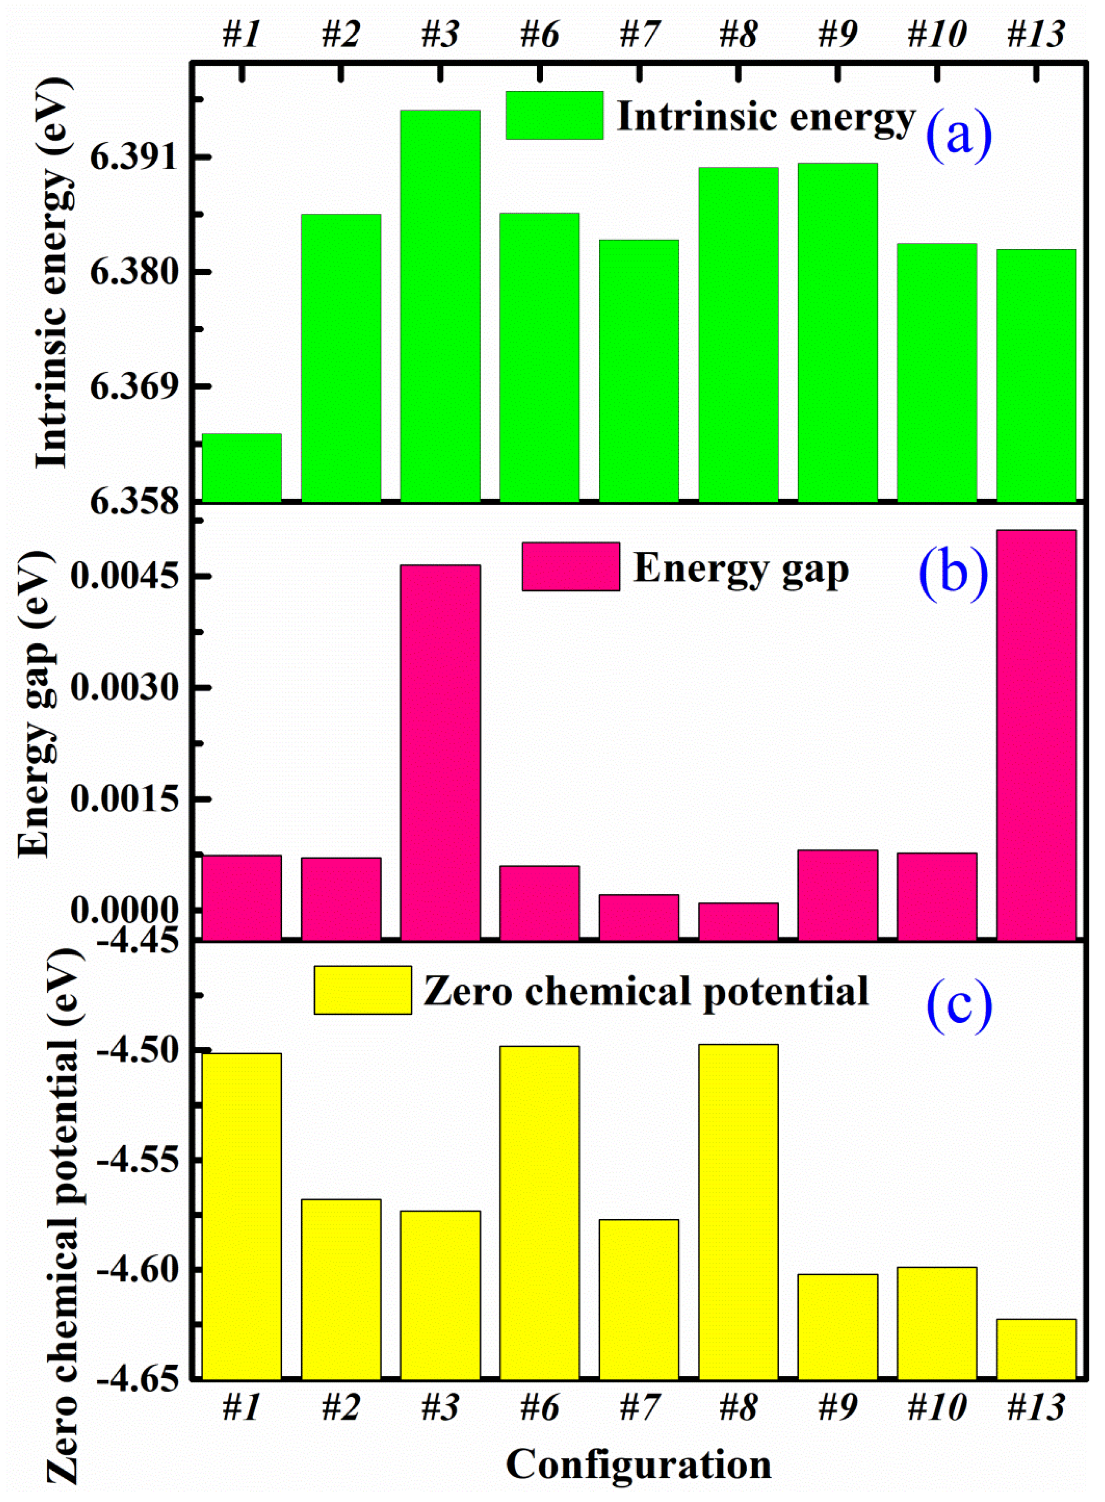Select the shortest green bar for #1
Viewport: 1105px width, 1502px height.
pyautogui.click(x=241, y=468)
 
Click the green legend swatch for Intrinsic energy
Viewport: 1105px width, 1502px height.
pyautogui.click(x=554, y=115)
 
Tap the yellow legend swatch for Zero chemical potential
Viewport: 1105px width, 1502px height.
pyautogui.click(x=362, y=990)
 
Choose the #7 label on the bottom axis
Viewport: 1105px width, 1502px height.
pyautogui.click(x=639, y=1409)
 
